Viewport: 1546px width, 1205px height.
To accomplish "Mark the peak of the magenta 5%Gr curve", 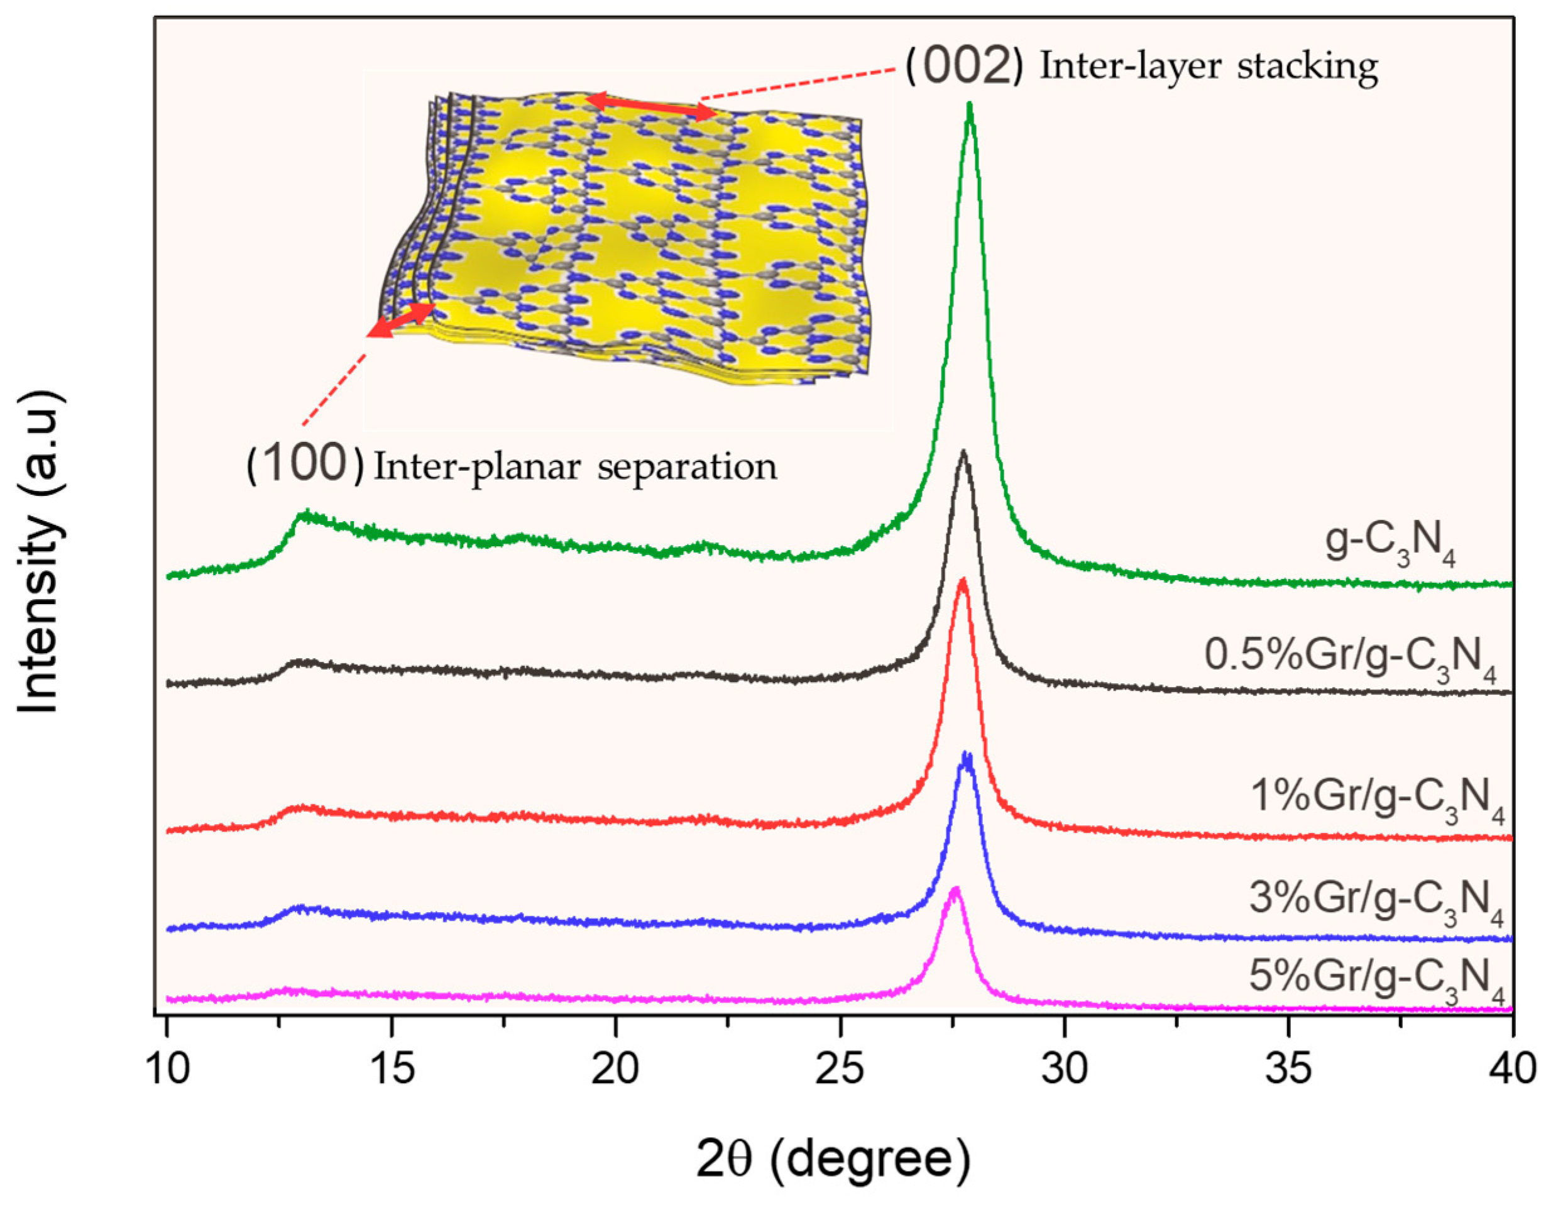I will click(x=955, y=889).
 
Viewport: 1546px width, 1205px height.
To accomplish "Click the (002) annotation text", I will click(x=963, y=68).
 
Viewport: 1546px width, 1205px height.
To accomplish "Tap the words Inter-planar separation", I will click(x=575, y=467).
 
